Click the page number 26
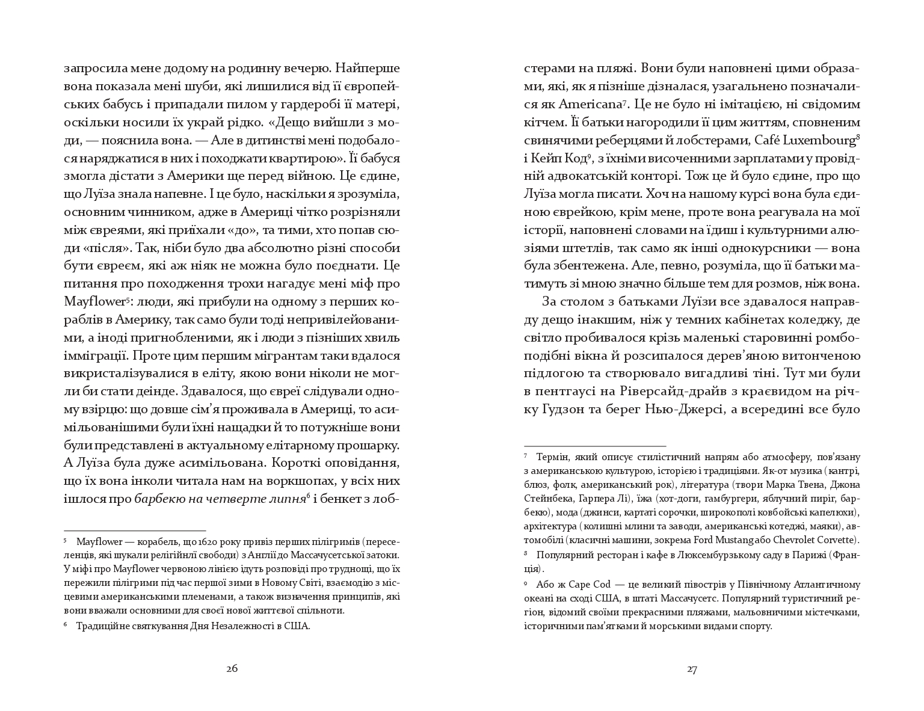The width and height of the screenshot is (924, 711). (x=232, y=668)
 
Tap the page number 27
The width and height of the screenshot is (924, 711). (x=692, y=668)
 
